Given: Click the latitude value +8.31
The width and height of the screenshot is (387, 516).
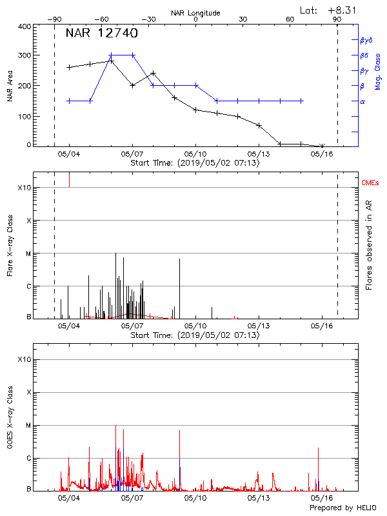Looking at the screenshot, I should tap(342, 10).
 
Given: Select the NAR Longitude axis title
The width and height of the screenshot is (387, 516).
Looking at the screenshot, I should tap(195, 13).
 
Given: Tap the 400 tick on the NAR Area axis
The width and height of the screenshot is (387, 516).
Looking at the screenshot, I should tap(25, 26).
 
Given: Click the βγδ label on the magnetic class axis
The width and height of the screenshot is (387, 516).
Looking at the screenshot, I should tap(366, 39).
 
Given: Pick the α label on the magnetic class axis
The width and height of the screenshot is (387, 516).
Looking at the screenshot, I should tap(362, 101).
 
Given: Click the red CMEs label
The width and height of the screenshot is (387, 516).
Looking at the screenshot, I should tap(371, 183).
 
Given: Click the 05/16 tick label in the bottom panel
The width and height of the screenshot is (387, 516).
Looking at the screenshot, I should tap(322, 499).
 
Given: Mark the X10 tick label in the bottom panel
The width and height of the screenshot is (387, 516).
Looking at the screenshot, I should tap(24, 359).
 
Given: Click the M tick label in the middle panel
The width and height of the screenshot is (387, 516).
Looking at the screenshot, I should tap(28, 253).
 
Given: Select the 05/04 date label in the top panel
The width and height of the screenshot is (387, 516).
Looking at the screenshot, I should tap(69, 154).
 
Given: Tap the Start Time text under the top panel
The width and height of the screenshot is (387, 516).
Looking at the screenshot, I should tap(195, 163).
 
